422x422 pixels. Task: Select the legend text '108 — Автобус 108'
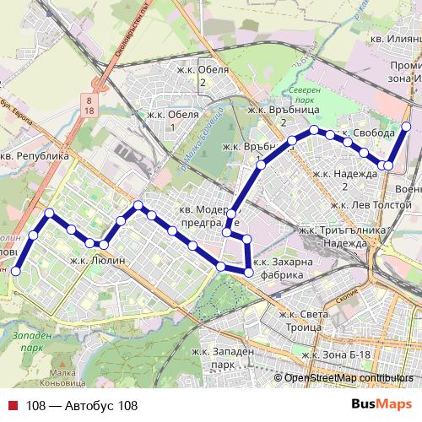pyautogui.click(x=81, y=405)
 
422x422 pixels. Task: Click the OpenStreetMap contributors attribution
pyautogui.click(x=349, y=379)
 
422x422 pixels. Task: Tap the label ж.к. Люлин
pyautogui.click(x=97, y=261)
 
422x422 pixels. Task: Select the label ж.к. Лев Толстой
pyautogui.click(x=372, y=204)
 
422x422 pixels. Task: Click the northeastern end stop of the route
pyautogui.click(x=406, y=127)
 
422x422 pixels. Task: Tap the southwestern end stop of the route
pyautogui.click(x=14, y=270)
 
